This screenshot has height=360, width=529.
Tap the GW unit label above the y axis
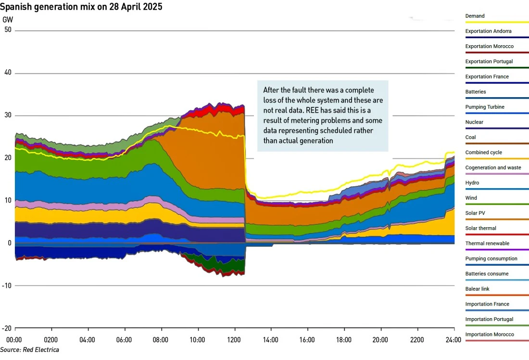point(8,20)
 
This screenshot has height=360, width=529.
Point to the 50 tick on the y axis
point(8,30)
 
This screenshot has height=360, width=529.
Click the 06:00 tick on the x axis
point(125,340)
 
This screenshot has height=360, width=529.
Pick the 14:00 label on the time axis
point(271,340)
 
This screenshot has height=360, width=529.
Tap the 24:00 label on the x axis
point(453,340)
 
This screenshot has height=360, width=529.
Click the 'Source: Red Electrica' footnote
point(30,350)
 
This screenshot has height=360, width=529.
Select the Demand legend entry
point(475,16)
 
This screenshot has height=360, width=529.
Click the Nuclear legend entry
point(474,122)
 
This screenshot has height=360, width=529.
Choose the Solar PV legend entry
point(476,213)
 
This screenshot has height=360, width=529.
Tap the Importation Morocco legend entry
point(490,334)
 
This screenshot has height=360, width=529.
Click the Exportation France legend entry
point(487,77)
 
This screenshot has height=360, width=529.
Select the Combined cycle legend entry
point(483,153)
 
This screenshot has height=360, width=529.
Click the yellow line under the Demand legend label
point(497,22)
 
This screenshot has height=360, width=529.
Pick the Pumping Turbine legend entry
point(485,107)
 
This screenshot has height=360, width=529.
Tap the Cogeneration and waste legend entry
point(493,168)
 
